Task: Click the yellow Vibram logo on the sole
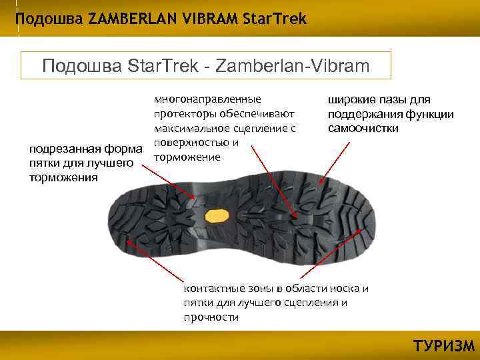coord(217,215)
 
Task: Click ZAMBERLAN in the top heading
coord(125,19)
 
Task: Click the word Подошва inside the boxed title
coord(73,66)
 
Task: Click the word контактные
coord(213,289)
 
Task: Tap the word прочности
coord(211,317)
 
